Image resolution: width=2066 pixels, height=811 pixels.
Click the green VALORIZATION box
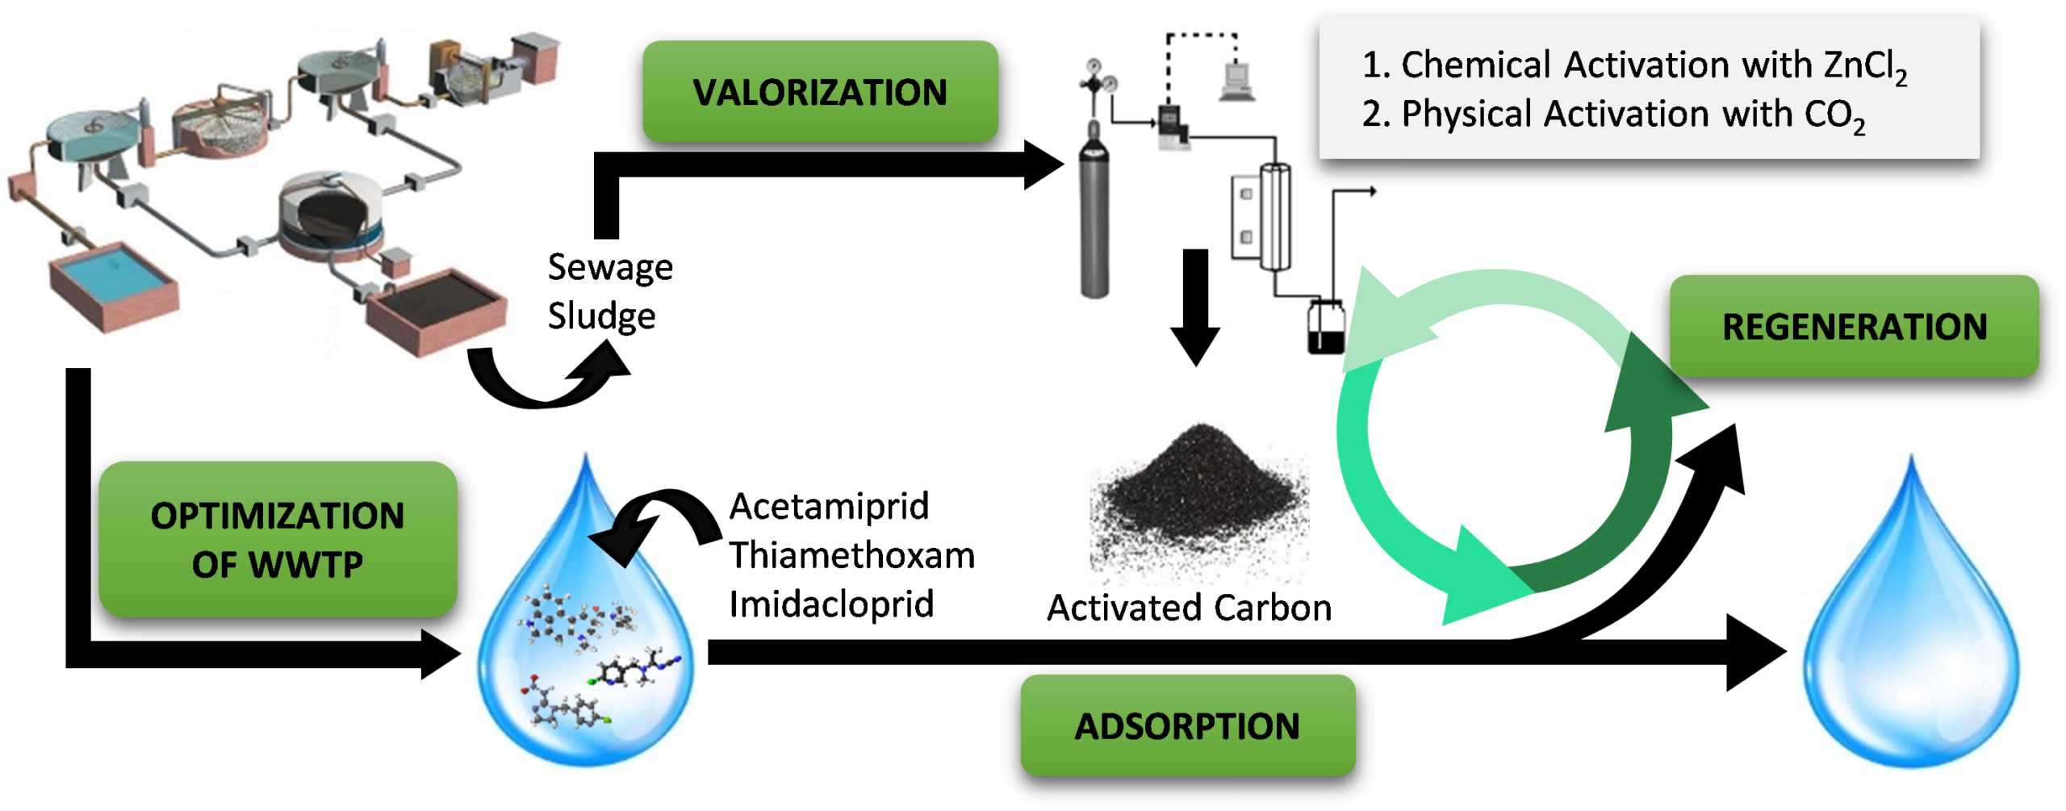point(820,91)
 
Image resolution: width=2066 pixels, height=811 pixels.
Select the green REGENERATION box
point(1854,326)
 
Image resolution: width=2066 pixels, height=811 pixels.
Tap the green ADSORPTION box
point(1186,725)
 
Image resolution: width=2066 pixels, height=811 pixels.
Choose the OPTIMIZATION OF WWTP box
point(277,539)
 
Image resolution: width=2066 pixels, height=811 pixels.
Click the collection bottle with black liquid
point(1326,327)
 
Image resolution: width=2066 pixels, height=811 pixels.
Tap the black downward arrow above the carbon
point(1195,307)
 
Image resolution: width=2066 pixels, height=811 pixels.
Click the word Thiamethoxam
point(852,555)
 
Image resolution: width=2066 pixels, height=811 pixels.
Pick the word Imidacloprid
point(831,603)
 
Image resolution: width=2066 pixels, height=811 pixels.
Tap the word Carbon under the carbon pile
point(1272,608)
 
